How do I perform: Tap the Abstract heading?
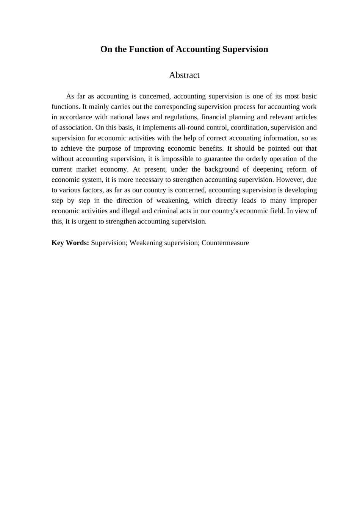click(184, 75)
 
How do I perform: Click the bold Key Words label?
click(70, 243)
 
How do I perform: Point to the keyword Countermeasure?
click(225, 243)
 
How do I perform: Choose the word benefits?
click(211, 148)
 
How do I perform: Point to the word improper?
click(303, 200)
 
